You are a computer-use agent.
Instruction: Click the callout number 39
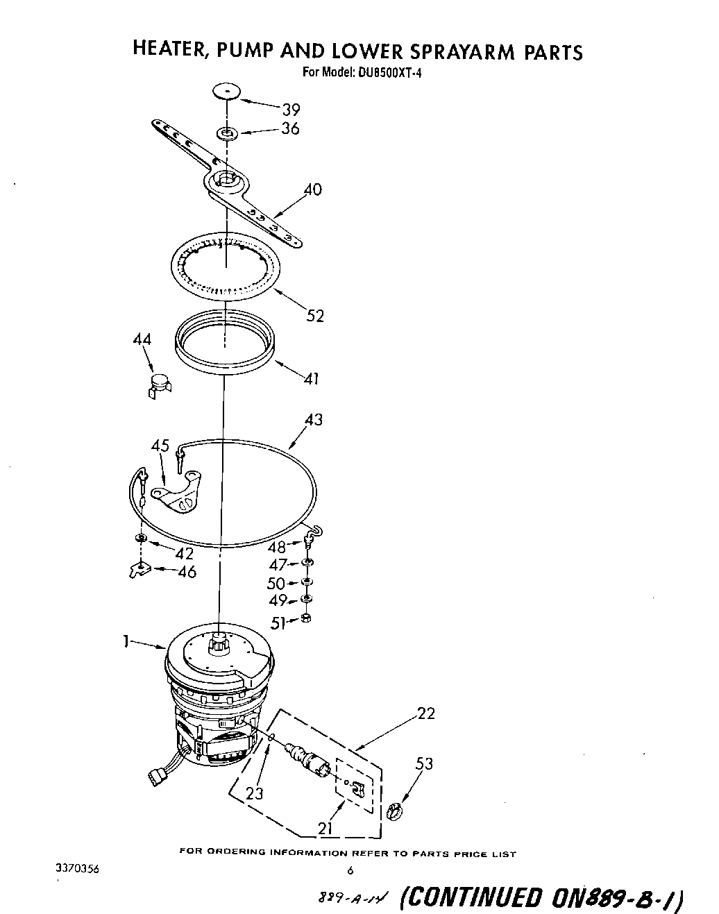pos(290,109)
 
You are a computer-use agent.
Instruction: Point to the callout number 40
pos(313,189)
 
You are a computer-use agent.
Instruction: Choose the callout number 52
pos(315,316)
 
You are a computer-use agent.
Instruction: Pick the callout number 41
pos(311,378)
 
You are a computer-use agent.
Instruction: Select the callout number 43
pos(314,419)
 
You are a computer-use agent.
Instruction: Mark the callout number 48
pos(276,547)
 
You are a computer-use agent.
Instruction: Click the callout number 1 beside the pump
pos(126,642)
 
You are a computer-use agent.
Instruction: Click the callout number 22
pos(426,713)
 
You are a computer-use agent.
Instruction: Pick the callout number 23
pos(255,794)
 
